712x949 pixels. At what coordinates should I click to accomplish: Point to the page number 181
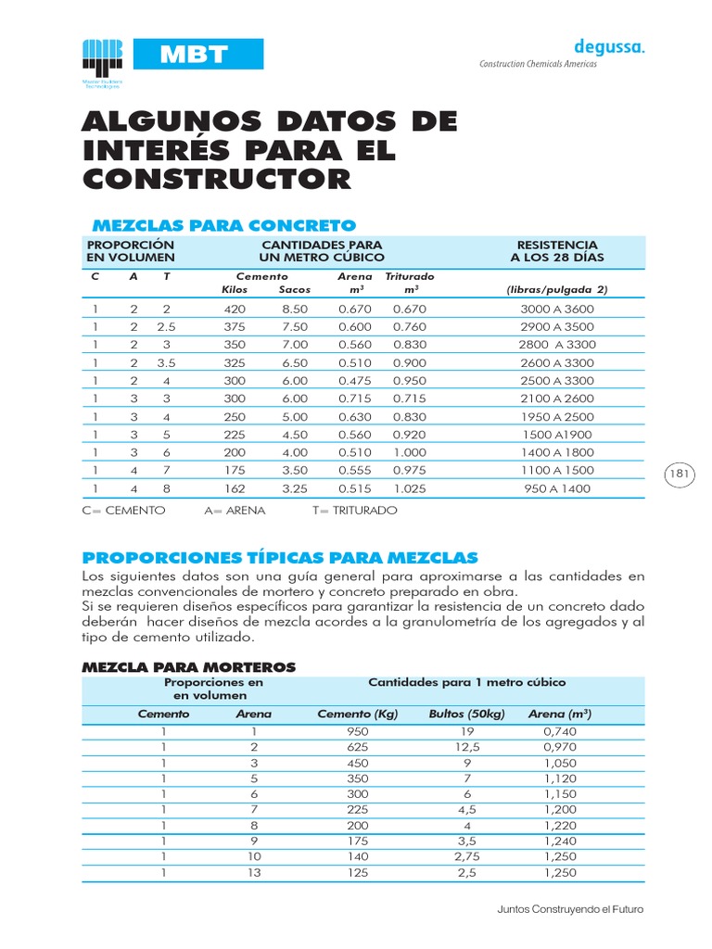pos(680,474)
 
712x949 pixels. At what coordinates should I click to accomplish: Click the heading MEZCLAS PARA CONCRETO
pos(222,225)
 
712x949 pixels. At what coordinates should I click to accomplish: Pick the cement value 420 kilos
pos(235,309)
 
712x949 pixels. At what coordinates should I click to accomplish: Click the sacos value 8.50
pos(294,309)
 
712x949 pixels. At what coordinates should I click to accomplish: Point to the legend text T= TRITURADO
pos(355,511)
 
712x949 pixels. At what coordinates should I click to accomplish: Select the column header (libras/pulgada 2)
pos(556,289)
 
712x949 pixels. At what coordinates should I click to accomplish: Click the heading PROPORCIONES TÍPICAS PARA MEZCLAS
pos(280,557)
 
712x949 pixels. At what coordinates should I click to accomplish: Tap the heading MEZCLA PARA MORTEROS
pos(189,666)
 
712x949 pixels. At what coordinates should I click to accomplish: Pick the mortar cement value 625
pos(358,746)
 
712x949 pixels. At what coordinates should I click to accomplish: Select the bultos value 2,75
pos(467,856)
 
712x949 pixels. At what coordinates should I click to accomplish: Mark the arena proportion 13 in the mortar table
pos(255,872)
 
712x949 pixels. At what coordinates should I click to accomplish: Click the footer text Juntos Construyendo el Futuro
pos(570,909)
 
